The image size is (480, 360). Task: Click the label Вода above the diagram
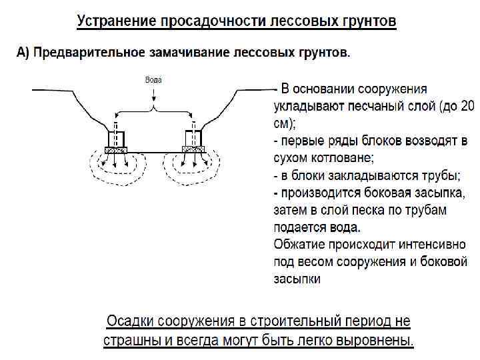click(153, 79)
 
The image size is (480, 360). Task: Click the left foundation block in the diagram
click(115, 138)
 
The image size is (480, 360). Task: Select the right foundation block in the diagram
click(193, 138)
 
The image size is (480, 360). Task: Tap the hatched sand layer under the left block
click(115, 150)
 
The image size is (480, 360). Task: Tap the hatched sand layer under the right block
click(193, 150)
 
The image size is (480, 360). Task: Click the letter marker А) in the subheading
click(23, 53)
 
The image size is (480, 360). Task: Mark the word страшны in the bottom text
click(130, 341)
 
